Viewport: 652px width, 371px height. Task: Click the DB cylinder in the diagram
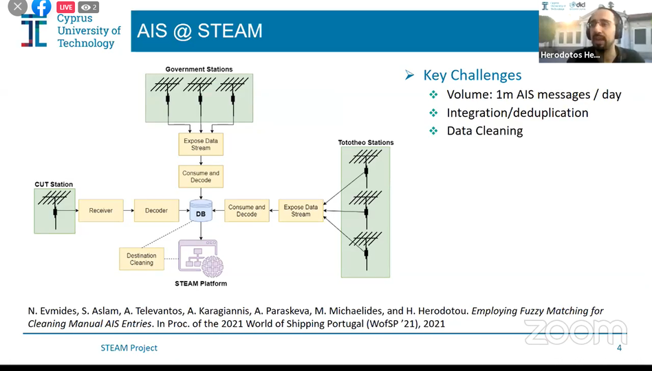coord(201,211)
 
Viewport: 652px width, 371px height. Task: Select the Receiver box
coord(100,210)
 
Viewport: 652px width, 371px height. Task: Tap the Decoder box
coord(156,210)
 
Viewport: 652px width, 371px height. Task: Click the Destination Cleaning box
coord(142,259)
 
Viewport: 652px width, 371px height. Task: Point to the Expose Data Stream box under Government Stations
coord(201,144)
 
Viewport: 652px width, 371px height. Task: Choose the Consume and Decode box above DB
coord(201,177)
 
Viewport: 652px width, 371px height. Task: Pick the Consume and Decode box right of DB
coord(247,211)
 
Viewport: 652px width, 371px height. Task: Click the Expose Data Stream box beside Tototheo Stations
coord(301,211)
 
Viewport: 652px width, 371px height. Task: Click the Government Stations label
coord(199,69)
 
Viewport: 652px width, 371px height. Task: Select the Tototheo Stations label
coord(366,143)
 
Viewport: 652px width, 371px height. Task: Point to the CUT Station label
coord(54,184)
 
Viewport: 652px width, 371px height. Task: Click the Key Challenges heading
coord(472,76)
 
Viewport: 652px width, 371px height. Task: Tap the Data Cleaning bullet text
coord(484,131)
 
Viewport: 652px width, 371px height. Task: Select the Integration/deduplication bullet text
coord(517,113)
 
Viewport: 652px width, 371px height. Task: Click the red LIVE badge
coord(65,7)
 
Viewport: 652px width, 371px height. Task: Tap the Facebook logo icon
coord(41,7)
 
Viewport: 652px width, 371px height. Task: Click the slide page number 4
coord(619,348)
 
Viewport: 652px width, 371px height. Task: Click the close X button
coord(17,6)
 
